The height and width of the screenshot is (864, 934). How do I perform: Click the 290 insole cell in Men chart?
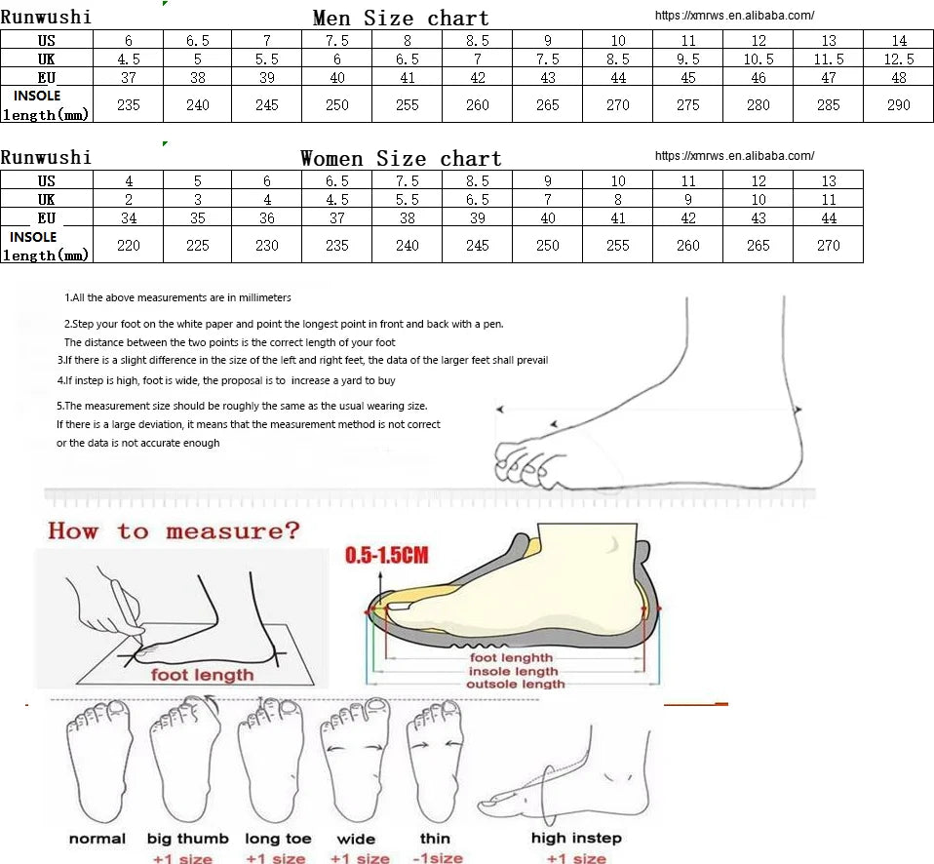click(898, 105)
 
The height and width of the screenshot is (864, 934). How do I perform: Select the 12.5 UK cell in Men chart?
click(898, 59)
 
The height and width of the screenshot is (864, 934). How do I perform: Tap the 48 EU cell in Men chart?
click(898, 77)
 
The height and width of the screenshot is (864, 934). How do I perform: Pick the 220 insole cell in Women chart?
click(128, 245)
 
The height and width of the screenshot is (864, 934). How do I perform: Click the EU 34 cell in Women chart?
click(128, 218)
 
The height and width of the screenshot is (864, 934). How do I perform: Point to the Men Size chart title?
click(401, 18)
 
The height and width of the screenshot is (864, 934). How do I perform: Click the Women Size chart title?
click(401, 159)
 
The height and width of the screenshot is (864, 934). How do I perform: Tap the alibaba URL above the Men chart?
click(734, 16)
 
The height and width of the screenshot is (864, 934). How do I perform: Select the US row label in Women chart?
click(47, 181)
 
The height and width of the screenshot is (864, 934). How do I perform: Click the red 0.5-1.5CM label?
click(387, 555)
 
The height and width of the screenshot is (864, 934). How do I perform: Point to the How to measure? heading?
click(174, 530)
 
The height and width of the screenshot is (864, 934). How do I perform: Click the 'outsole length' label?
click(515, 684)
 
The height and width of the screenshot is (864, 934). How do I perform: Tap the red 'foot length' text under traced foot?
click(202, 675)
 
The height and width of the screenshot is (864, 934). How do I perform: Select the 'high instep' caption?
click(576, 838)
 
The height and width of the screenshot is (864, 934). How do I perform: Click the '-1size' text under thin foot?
click(437, 858)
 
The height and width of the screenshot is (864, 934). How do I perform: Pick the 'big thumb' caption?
click(187, 839)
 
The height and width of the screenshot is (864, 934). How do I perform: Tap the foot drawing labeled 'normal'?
click(97, 761)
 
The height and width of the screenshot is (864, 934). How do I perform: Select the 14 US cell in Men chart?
click(898, 41)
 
